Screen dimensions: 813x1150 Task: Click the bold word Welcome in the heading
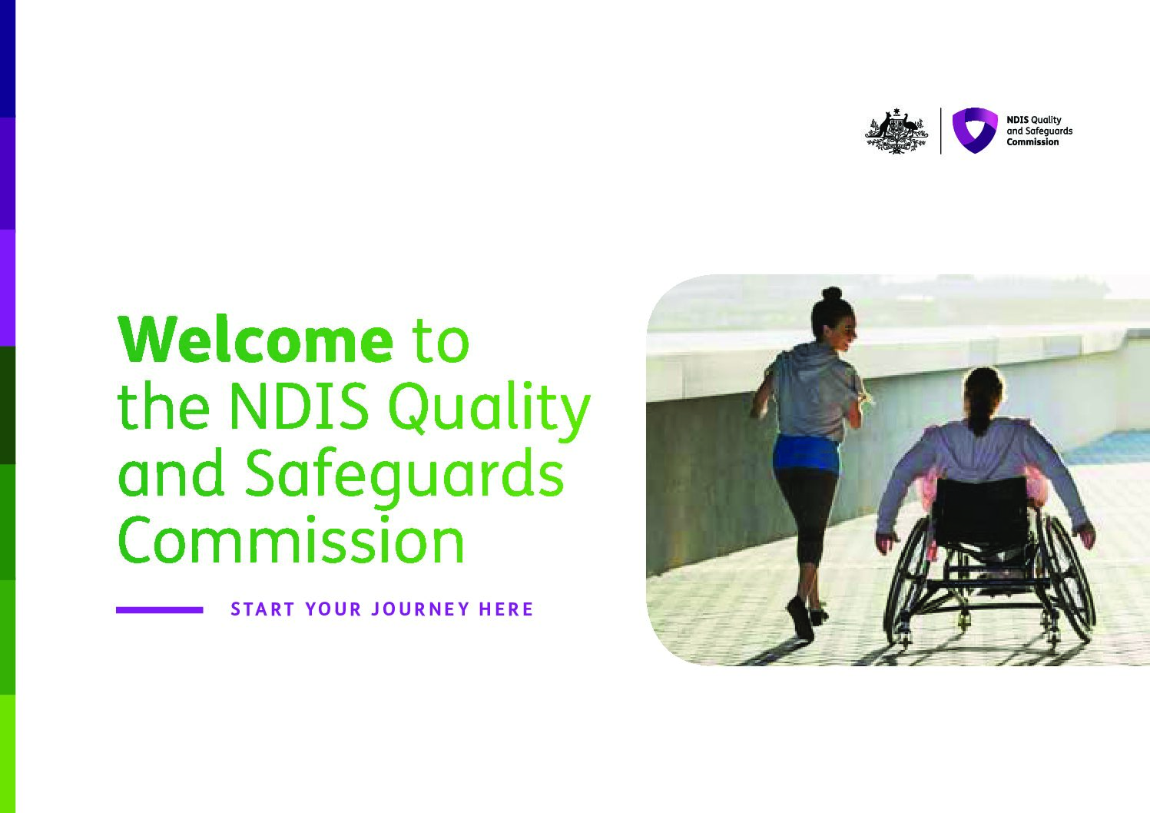pyautogui.click(x=255, y=340)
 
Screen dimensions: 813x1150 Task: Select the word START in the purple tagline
pyautogui.click(x=263, y=609)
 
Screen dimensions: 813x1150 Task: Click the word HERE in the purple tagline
pyautogui.click(x=505, y=609)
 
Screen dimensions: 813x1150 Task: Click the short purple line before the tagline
pyautogui.click(x=159, y=610)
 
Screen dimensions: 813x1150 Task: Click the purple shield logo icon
pyautogui.click(x=974, y=130)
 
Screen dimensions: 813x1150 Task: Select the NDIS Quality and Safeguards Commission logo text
pyautogui.click(x=1039, y=131)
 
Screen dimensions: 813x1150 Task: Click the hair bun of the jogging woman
pyautogui.click(x=832, y=294)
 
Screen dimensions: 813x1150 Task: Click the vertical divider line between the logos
pyautogui.click(x=940, y=131)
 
